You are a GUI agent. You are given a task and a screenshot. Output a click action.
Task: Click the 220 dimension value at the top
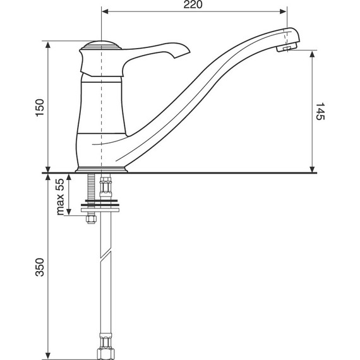[x=193, y=5]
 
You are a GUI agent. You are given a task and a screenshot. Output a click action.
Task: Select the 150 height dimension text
[x=40, y=107]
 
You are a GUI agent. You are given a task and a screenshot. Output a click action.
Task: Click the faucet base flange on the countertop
[x=102, y=169]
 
